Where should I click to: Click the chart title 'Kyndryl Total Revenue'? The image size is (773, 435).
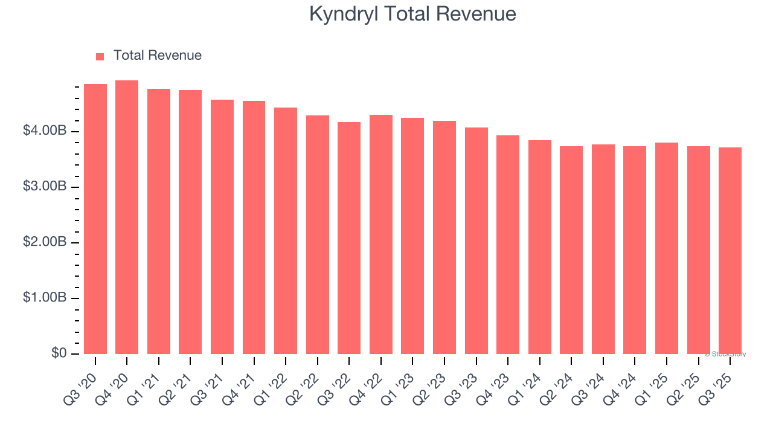412,14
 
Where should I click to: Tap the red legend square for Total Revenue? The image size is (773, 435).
100,56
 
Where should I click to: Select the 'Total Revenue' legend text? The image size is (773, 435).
157,56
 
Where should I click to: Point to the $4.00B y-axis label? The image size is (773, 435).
44,132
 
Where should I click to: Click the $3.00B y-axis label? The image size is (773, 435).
44,187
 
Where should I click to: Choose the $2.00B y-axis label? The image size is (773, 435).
44,243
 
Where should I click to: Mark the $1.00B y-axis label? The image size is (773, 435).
44,298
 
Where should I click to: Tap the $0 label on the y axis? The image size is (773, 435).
58,353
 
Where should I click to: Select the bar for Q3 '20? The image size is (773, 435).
95,219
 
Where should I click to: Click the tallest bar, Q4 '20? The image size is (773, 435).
127,217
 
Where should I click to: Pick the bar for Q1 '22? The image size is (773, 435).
286,231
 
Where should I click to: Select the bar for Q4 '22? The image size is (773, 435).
381,234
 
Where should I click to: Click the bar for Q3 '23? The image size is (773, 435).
476,240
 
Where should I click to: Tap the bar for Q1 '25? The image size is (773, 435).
667,248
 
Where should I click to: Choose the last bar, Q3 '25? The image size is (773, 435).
730,251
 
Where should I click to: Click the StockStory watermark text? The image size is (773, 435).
725,354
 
